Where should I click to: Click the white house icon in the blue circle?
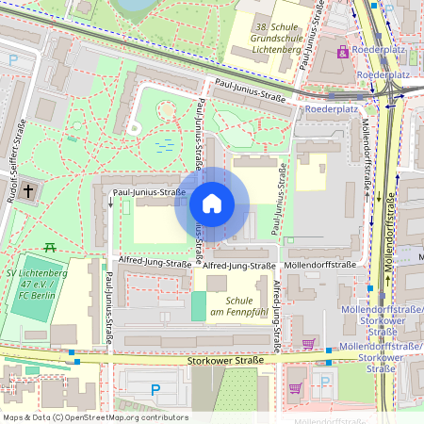click(x=212, y=204)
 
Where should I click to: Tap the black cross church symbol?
click(x=29, y=191)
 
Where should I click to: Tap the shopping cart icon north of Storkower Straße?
click(x=309, y=344)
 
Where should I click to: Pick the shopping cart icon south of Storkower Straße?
click(x=295, y=386)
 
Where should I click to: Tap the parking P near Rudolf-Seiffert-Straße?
click(x=12, y=59)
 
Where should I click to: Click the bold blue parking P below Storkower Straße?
click(x=156, y=389)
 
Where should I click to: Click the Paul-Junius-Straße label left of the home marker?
click(x=149, y=193)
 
